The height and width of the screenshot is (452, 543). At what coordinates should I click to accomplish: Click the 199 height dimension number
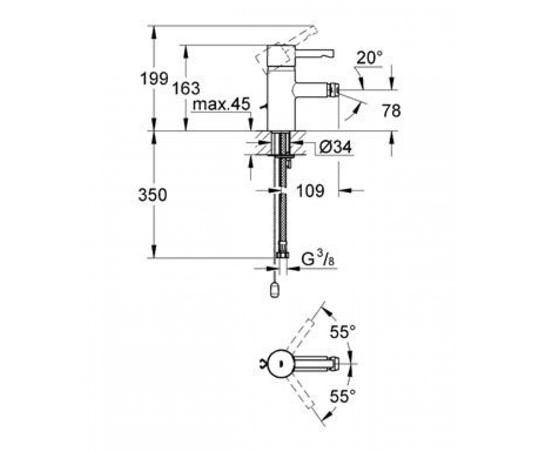pyautogui.click(x=154, y=79)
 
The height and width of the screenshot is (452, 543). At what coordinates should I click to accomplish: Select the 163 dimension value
pyautogui.click(x=186, y=88)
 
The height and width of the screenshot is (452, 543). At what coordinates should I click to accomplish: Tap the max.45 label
pyautogui.click(x=222, y=104)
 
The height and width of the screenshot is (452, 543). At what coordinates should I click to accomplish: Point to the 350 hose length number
pyautogui.click(x=152, y=195)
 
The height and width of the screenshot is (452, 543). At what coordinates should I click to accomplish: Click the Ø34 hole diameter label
pyautogui.click(x=335, y=147)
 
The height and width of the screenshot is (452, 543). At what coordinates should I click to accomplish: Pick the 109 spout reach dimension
pyautogui.click(x=310, y=191)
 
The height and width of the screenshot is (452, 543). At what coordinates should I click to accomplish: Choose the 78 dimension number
pyautogui.click(x=391, y=111)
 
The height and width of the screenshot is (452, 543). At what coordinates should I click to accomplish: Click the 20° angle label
pyautogui.click(x=370, y=57)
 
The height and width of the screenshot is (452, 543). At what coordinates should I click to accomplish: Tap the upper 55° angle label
pyautogui.click(x=343, y=331)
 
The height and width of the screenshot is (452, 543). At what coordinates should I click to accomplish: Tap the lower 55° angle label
pyautogui.click(x=343, y=396)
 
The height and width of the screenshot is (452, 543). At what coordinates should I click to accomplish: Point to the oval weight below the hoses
pyautogui.click(x=275, y=290)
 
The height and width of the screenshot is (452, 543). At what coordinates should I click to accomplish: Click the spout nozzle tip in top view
pyautogui.click(x=335, y=363)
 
